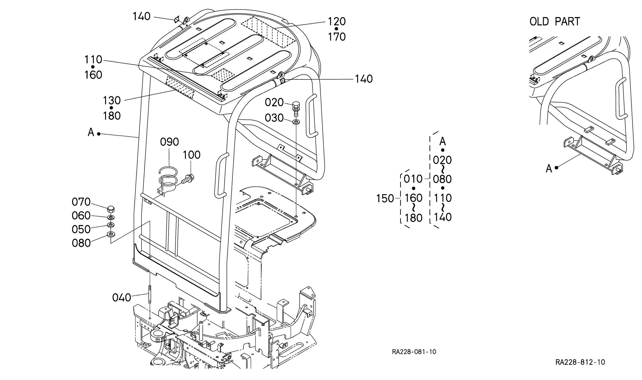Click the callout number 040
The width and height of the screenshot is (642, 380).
121,298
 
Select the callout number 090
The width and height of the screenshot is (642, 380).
169,142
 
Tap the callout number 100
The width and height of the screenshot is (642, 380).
192,155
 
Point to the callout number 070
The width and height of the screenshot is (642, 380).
81,202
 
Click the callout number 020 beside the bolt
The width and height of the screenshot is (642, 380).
274,102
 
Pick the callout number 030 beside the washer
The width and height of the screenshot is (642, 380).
274,118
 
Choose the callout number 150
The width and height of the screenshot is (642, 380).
385,199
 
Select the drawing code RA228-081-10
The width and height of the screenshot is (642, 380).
414,352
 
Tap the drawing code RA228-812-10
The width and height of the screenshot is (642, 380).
580,362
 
